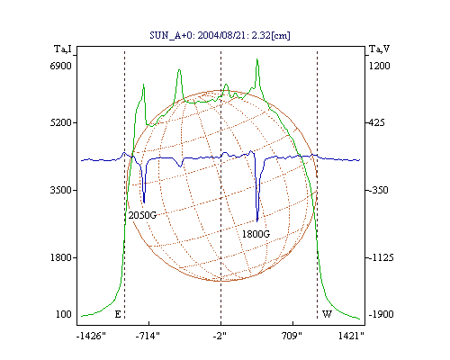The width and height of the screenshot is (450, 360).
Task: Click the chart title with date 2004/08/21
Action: pyautogui.click(x=220, y=35)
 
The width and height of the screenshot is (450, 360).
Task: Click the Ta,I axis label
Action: pyautogui.click(x=63, y=49)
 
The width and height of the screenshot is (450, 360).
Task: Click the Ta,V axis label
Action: pyautogui.click(x=379, y=49)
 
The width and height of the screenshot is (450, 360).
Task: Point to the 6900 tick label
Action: pyautogui.click(x=61, y=66)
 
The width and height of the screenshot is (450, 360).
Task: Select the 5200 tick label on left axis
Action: pyautogui.click(x=61, y=122)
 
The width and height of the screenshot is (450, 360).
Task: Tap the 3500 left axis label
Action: pyautogui.click(x=61, y=190)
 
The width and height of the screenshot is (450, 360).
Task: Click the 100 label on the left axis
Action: pyautogui.click(x=64, y=314)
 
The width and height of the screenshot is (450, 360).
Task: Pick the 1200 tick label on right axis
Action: pyautogui.click(x=380, y=66)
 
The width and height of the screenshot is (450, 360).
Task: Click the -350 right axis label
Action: pyautogui.click(x=378, y=190)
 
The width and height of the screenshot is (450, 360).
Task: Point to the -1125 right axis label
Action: pyautogui.click(x=381, y=257)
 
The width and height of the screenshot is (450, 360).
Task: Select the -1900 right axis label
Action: pyautogui.click(x=381, y=314)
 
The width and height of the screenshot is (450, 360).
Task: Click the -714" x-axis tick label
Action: pyautogui.click(x=148, y=336)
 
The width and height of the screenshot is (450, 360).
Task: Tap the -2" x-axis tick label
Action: pyautogui.click(x=220, y=336)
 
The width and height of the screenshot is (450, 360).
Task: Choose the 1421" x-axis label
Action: pyautogui.click(x=351, y=336)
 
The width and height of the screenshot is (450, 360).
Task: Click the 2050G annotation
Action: pyautogui.click(x=142, y=215)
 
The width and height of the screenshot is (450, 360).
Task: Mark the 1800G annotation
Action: pyautogui.click(x=256, y=234)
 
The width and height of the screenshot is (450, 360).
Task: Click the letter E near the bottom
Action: pyautogui.click(x=118, y=314)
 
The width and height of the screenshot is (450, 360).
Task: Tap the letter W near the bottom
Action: pyautogui.click(x=327, y=314)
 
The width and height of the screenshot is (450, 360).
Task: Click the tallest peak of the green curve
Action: pyautogui.click(x=257, y=59)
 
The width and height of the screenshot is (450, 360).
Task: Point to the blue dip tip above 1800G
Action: pyautogui.click(x=257, y=221)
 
